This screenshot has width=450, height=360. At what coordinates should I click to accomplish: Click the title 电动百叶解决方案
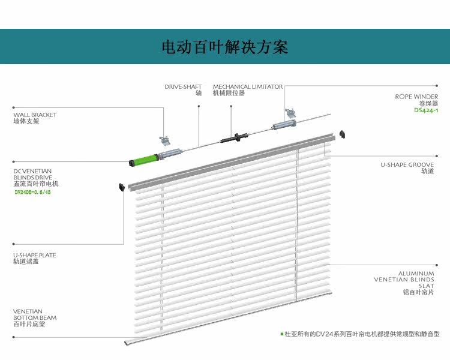click(x=225, y=47)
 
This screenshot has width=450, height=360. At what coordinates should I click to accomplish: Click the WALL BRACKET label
click(x=35, y=118)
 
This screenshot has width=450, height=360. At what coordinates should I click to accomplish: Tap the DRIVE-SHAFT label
click(x=183, y=90)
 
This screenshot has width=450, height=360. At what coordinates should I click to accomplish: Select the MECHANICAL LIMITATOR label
click(x=247, y=90)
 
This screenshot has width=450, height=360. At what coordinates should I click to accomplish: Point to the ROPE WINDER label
click(x=416, y=100)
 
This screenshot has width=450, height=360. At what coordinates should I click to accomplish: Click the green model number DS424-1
click(x=426, y=110)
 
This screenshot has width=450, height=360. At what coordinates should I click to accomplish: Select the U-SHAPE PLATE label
click(x=35, y=258)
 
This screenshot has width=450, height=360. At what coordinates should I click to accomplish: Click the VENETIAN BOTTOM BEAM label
click(x=35, y=317)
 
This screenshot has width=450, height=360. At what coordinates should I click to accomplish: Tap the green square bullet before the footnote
click(x=281, y=334)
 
